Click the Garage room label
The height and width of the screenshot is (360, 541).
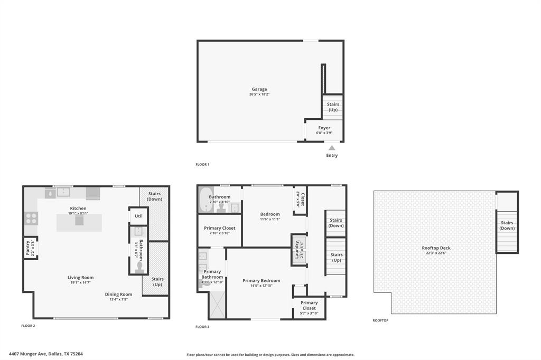(259, 89)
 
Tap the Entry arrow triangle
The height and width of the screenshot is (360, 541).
(332, 148)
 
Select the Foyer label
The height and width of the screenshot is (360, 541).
(324, 128)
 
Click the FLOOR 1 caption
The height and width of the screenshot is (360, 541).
(202, 165)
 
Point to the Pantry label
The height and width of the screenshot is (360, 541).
(27, 248)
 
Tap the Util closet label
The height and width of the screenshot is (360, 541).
(138, 216)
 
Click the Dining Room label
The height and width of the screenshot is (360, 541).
(119, 294)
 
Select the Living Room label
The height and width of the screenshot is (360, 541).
(80, 277)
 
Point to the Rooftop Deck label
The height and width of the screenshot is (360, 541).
(436, 248)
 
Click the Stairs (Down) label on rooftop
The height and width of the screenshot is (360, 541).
(507, 225)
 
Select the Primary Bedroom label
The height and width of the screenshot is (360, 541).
(262, 280)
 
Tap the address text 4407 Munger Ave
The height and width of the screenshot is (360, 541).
(45, 354)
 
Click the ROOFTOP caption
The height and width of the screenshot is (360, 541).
(380, 320)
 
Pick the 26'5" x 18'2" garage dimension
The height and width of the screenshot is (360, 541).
(259, 94)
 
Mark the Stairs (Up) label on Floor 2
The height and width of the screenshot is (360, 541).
(157, 281)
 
